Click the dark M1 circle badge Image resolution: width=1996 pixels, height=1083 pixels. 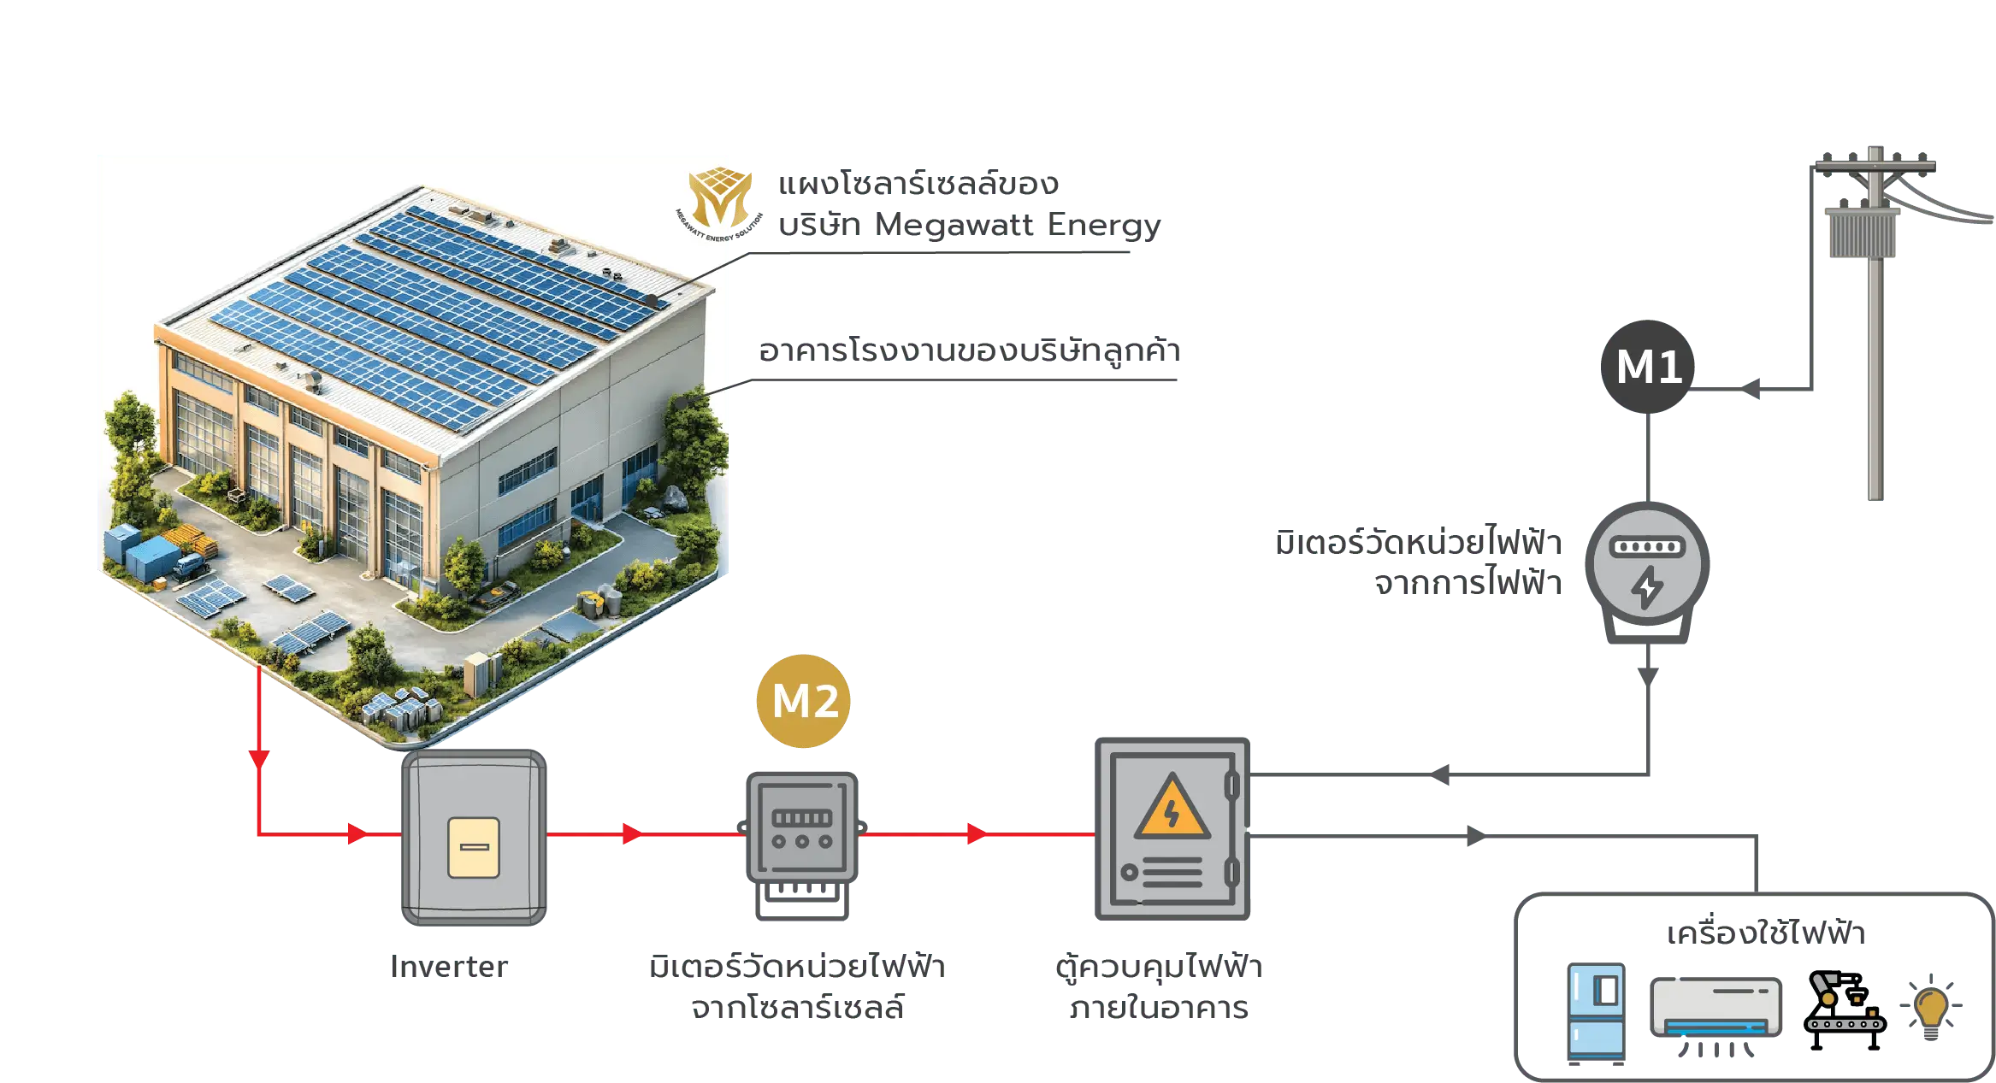coord(1648,367)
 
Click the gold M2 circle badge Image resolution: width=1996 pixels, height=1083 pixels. coord(804,701)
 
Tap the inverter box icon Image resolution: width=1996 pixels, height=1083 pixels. coord(474,838)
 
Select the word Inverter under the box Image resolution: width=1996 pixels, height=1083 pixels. coord(450,966)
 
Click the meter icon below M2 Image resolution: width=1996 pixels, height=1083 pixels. coord(802,827)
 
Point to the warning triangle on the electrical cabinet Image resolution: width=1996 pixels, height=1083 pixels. coord(1172,809)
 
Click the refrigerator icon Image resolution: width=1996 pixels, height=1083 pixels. coord(1596,1013)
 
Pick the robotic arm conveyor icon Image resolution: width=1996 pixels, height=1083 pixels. coord(1843,1009)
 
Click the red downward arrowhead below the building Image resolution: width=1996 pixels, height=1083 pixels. coord(259,757)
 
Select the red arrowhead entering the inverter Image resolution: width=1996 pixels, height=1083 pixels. coord(358,833)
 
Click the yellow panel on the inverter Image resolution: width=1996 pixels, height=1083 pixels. coord(474,847)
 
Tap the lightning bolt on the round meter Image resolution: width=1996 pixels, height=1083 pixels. coord(1647,588)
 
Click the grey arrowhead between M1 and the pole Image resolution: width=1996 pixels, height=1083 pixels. coord(1755,390)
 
